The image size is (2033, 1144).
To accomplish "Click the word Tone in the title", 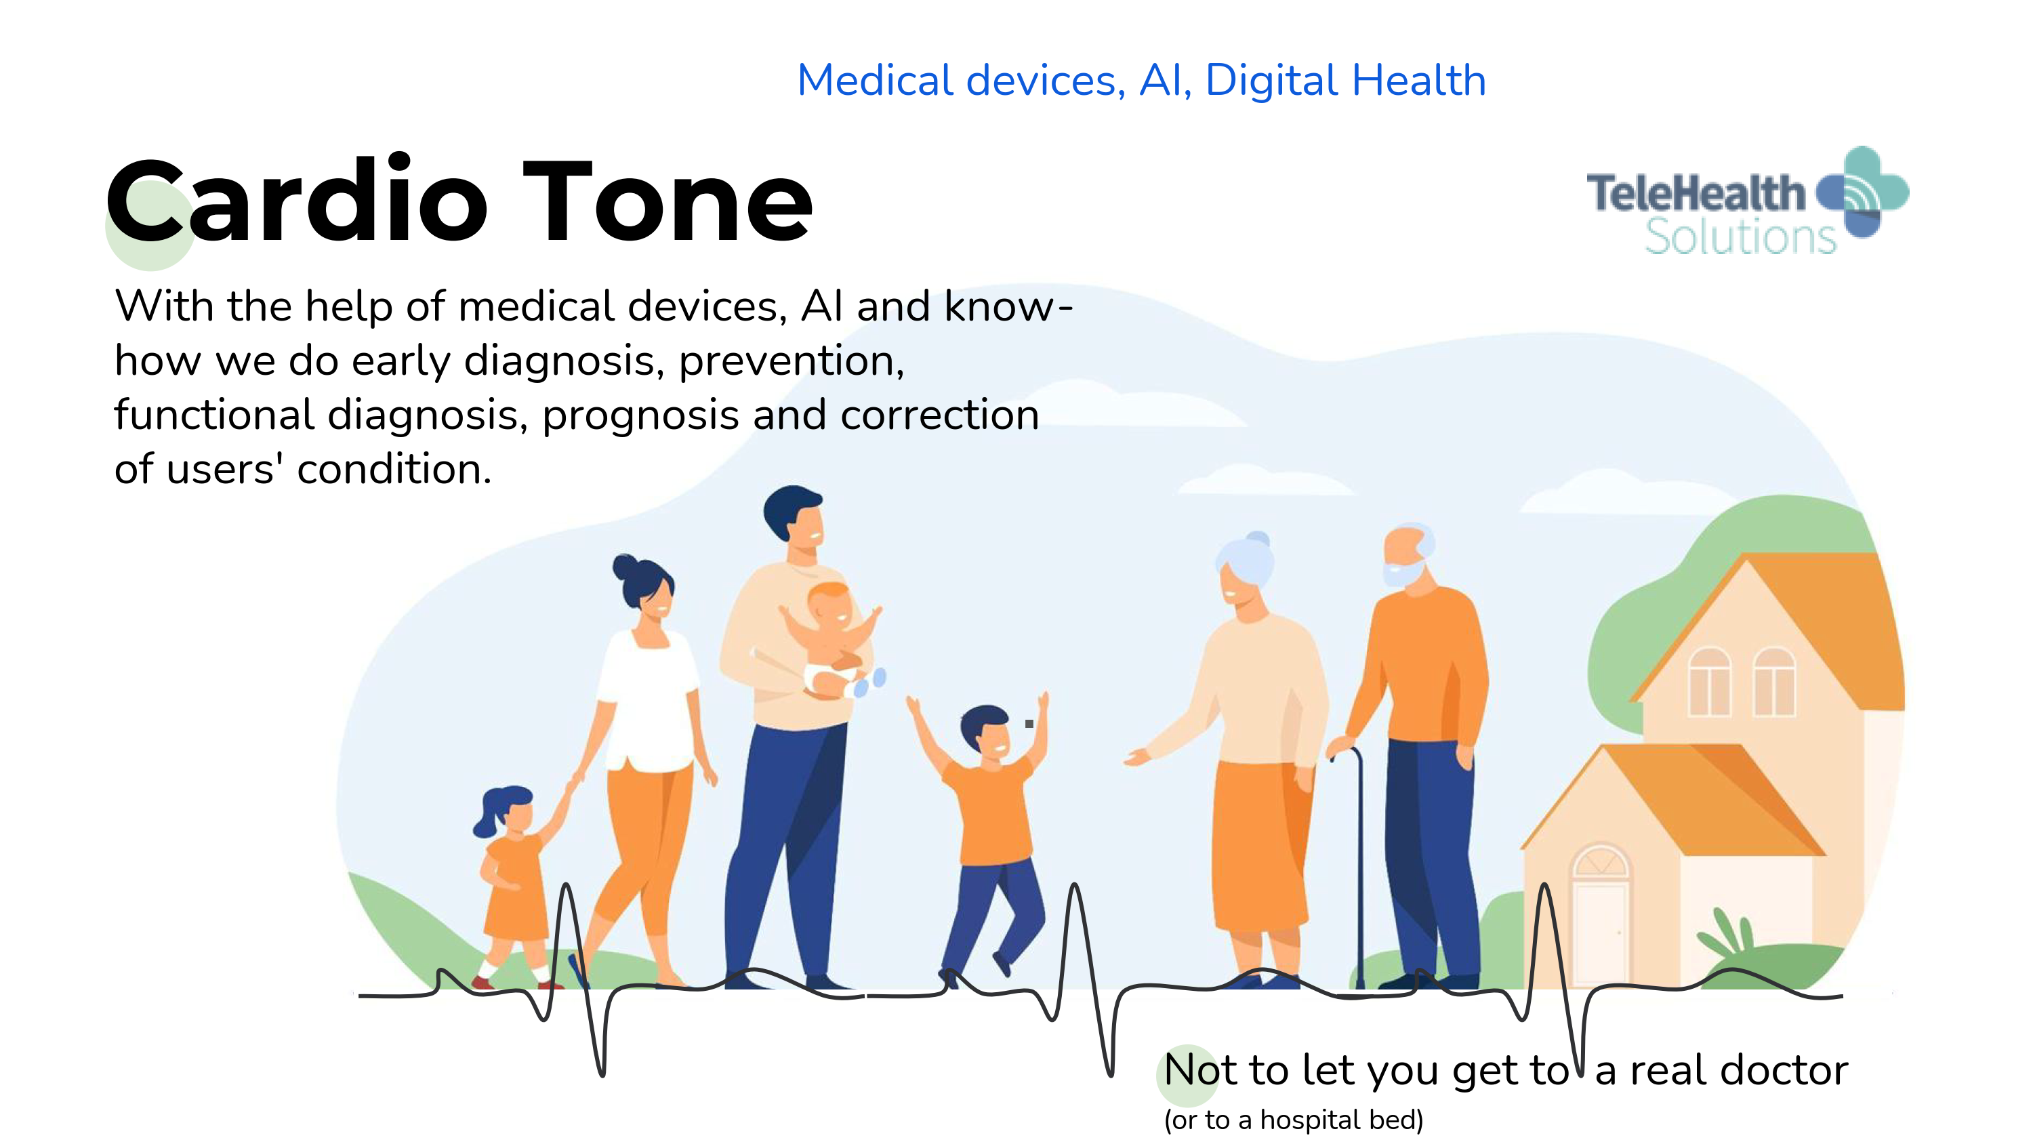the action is tap(668, 201).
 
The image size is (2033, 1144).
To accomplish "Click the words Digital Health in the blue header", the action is tap(1346, 81).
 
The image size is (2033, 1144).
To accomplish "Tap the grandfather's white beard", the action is tap(1405, 573).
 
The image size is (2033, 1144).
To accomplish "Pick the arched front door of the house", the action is tap(1600, 916).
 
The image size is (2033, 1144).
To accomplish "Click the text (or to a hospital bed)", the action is tap(1294, 1120).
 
